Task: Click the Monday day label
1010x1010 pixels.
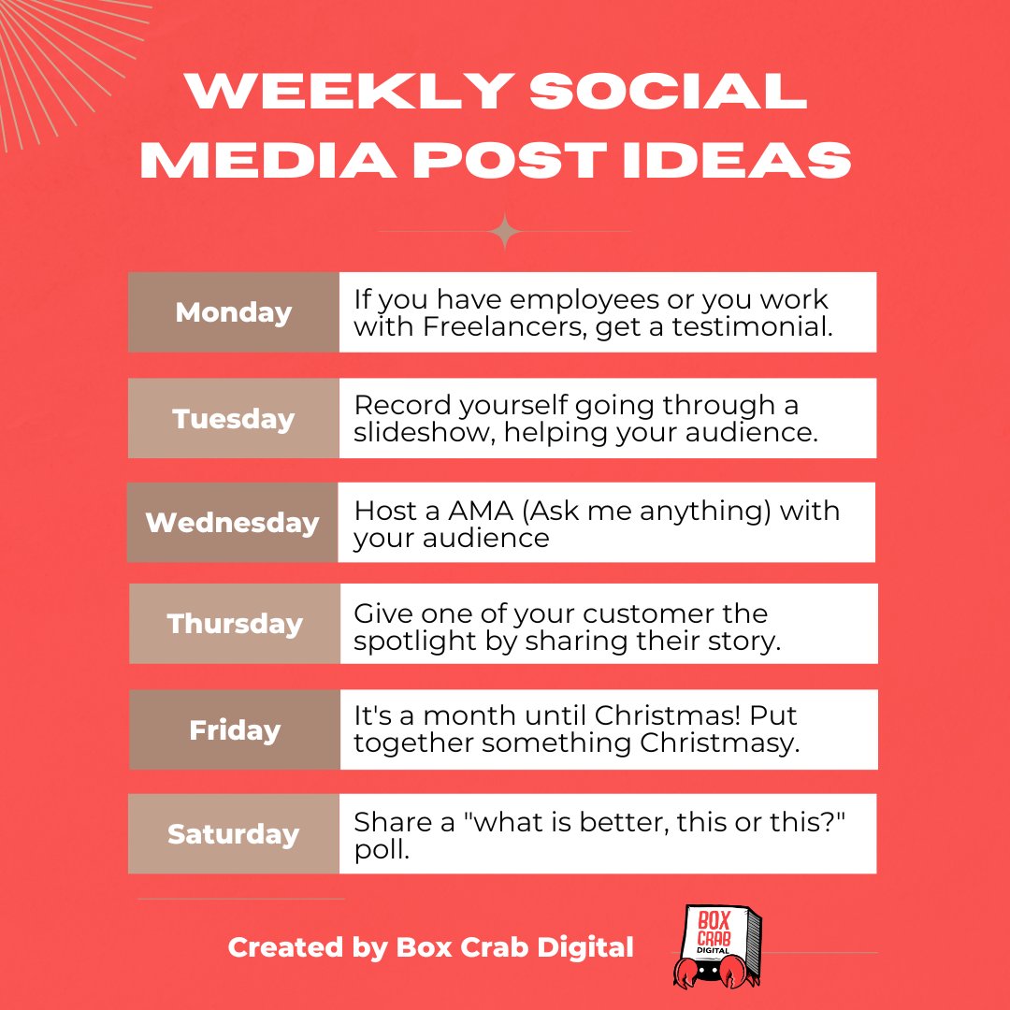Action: [x=233, y=312]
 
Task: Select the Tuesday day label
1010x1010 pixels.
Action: [x=233, y=418]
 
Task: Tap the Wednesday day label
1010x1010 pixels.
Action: [x=232, y=522]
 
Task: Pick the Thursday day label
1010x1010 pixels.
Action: [x=235, y=624]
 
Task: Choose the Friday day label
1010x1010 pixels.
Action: [x=235, y=729]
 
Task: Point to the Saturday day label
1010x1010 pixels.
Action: [x=233, y=833]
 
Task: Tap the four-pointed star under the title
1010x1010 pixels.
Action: [x=506, y=231]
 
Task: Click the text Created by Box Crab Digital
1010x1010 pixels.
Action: [x=431, y=947]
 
